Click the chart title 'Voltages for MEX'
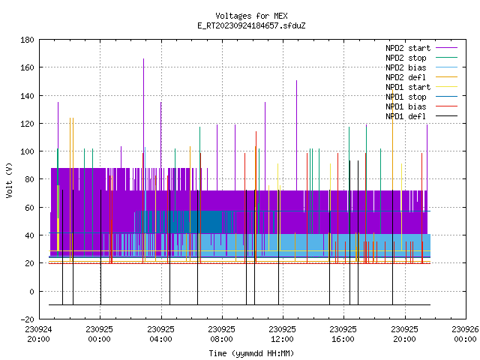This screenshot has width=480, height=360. click(x=251, y=16)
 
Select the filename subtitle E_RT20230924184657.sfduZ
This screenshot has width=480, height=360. click(x=251, y=25)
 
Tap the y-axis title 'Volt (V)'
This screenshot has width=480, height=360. click(x=9, y=180)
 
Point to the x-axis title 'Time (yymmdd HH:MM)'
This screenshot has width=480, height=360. click(x=251, y=353)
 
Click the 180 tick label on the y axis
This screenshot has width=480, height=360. click(x=27, y=40)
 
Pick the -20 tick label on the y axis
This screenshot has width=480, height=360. click(x=27, y=319)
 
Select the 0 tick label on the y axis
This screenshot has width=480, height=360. click(x=31, y=292)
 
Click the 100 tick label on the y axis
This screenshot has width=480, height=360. click(x=27, y=151)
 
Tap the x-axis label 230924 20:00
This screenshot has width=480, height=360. click(x=38, y=334)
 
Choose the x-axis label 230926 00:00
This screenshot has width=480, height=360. click(x=465, y=334)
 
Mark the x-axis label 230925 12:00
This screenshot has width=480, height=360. click(x=282, y=334)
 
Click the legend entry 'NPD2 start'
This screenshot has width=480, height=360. click(x=421, y=48)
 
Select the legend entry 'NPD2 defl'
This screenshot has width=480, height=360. click(x=421, y=77)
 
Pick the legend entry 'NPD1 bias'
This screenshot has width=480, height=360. click(x=421, y=106)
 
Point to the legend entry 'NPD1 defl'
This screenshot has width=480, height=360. click(x=421, y=116)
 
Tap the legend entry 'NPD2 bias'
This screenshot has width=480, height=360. click(x=421, y=67)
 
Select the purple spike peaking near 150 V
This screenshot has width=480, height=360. click(x=297, y=135)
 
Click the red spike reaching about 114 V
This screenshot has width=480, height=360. click(x=256, y=196)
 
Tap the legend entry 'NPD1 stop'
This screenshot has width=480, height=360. click(x=421, y=97)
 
